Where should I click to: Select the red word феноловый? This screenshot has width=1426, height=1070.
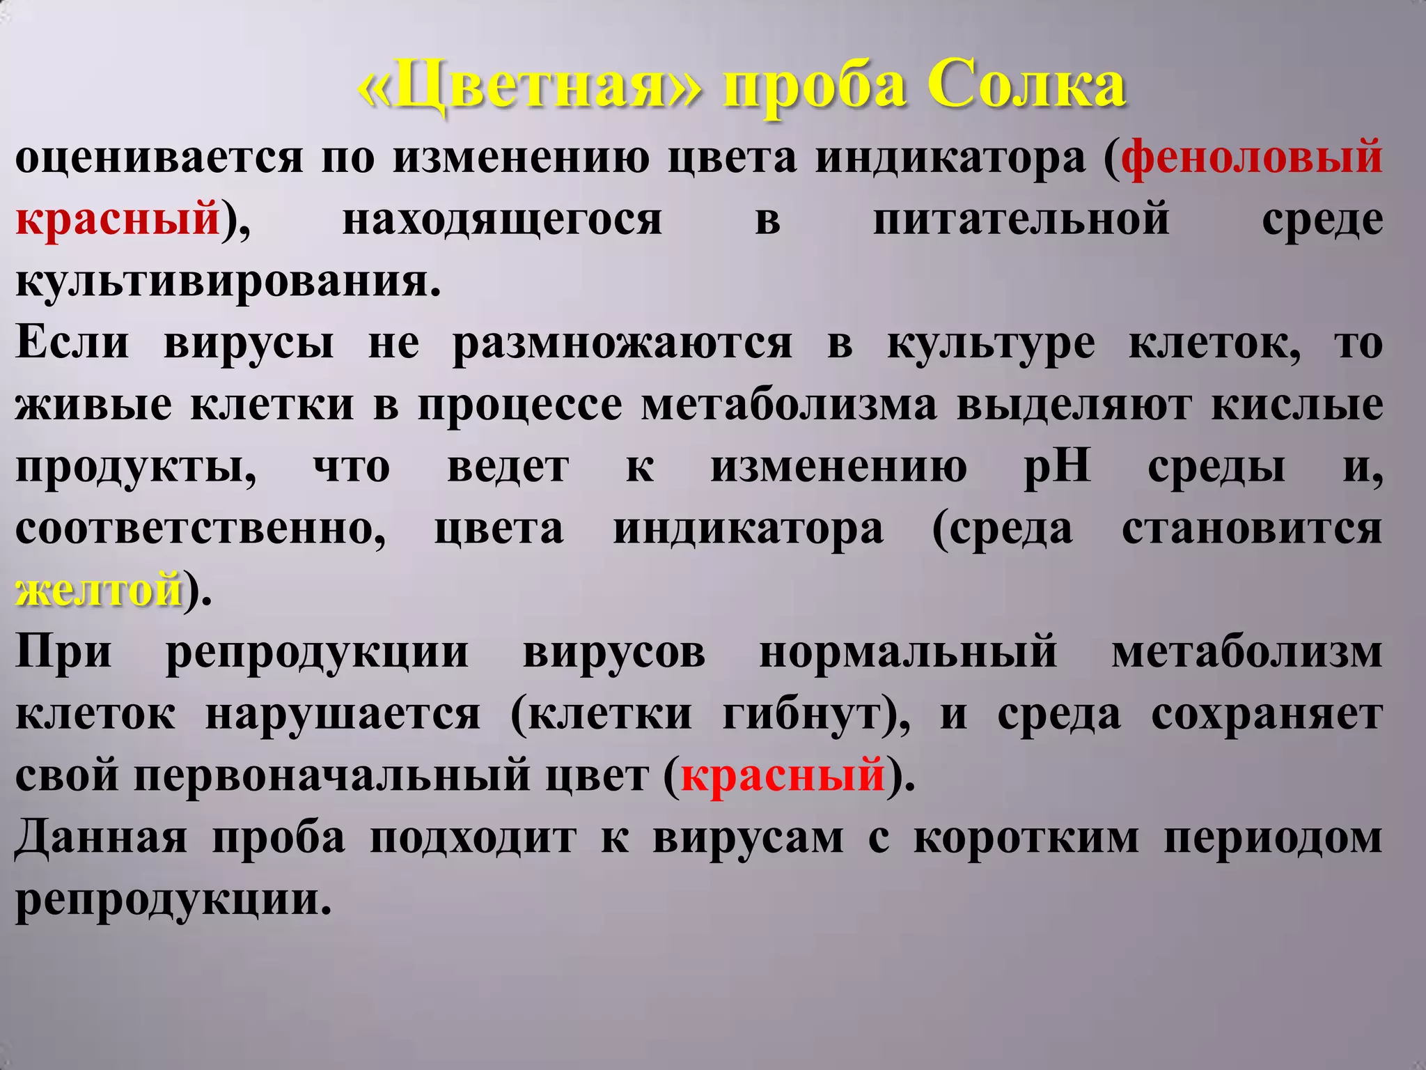tap(1252, 157)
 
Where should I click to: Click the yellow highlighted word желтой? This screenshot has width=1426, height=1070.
tap(99, 589)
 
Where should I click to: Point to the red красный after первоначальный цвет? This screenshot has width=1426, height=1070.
tap(783, 775)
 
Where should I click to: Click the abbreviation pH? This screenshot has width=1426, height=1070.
tap(1057, 467)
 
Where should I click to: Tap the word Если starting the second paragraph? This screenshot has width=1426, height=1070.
tap(72, 343)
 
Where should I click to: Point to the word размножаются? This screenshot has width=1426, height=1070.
tap(622, 343)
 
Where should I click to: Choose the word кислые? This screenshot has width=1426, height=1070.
tap(1296, 405)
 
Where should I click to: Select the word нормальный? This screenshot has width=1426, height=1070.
tap(908, 653)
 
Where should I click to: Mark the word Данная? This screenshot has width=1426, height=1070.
tap(101, 837)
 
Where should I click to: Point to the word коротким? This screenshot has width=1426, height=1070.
tap(1026, 837)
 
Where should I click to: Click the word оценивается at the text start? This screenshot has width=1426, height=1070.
tap(159, 157)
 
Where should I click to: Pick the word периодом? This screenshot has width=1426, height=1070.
tap(1273, 837)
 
